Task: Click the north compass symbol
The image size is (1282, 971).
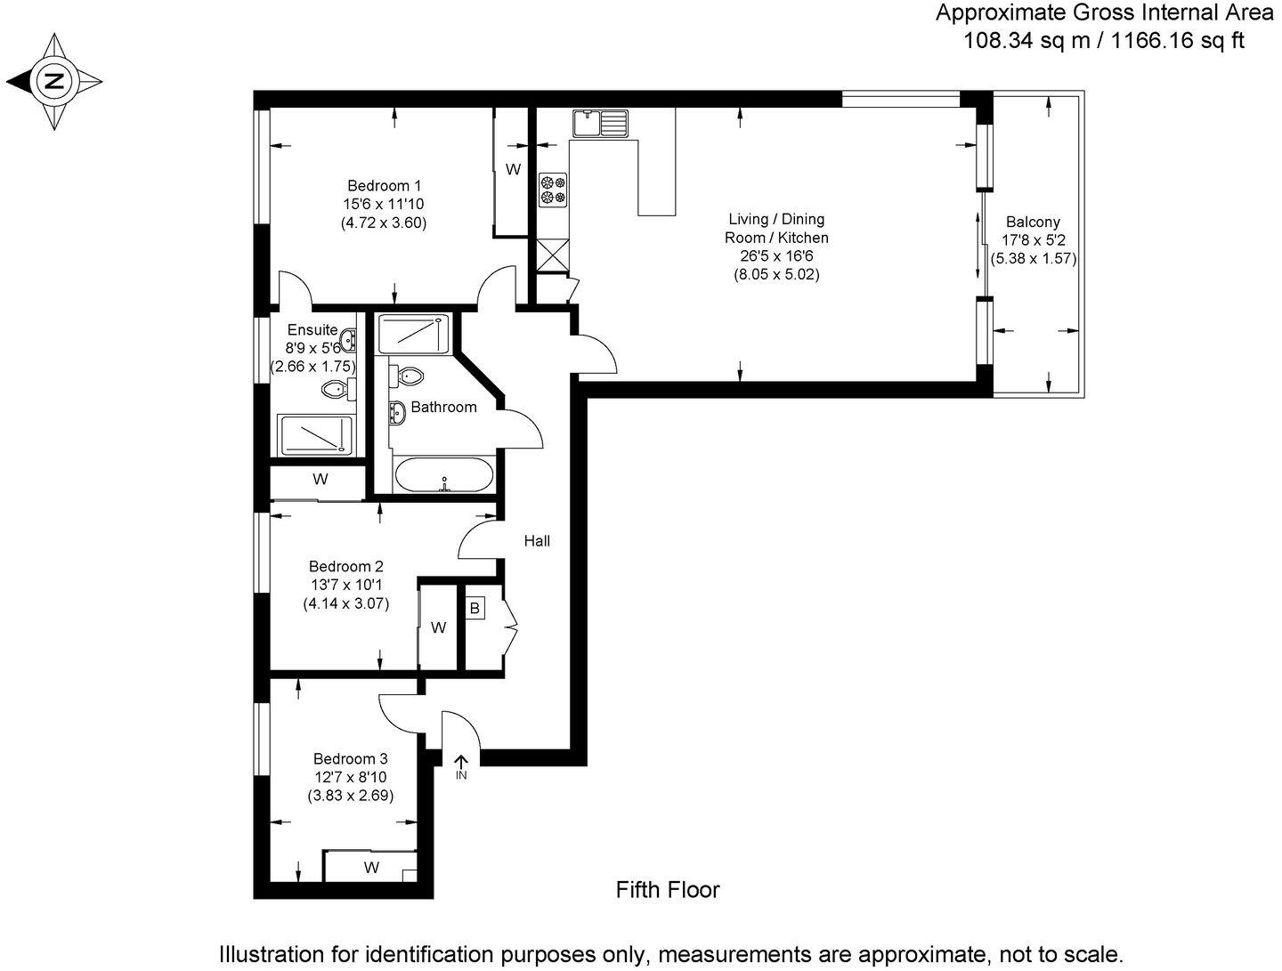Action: (54, 82)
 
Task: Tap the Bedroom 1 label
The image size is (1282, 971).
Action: (384, 186)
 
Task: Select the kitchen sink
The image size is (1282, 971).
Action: (601, 123)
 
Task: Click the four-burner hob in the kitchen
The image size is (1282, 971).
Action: (552, 189)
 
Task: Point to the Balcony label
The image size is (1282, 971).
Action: (1033, 223)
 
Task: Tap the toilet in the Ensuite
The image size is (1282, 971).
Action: (336, 389)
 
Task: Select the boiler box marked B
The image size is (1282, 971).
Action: (475, 609)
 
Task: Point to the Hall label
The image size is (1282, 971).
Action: (537, 540)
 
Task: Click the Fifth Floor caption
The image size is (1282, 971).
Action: (668, 889)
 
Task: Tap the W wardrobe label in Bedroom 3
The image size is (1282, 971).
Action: (371, 867)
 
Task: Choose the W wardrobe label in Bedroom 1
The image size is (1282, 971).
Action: (513, 169)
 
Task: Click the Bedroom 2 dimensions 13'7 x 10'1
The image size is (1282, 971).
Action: (346, 585)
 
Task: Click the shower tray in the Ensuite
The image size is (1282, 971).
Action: (316, 435)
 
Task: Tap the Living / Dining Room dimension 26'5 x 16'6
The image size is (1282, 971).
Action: (776, 256)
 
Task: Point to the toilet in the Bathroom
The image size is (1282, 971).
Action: (408, 376)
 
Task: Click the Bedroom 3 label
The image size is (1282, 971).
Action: (350, 759)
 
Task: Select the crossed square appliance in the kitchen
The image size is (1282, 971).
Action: (552, 256)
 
